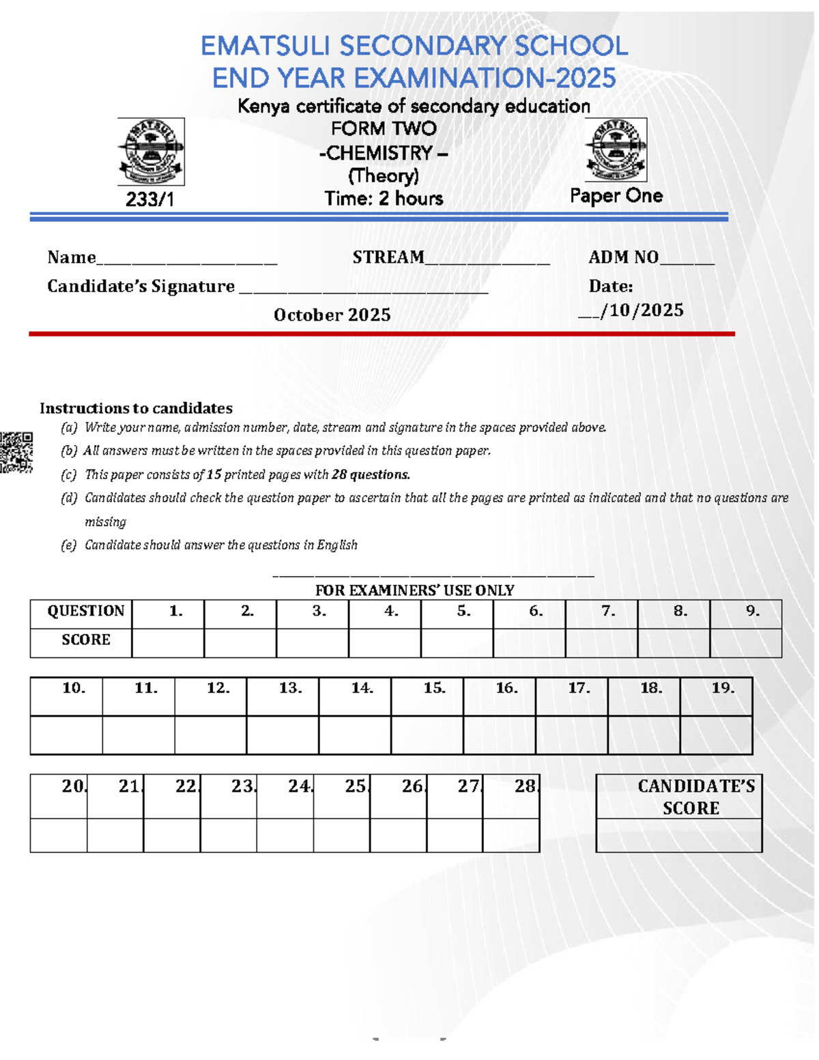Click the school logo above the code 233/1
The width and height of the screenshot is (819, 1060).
[151, 152]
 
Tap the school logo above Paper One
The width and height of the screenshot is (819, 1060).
[616, 149]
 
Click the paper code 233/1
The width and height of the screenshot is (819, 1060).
[150, 199]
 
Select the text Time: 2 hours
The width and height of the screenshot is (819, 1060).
[384, 199]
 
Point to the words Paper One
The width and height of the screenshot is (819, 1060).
[616, 196]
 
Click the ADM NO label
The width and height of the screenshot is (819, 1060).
[623, 257]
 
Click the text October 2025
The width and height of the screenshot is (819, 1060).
[332, 315]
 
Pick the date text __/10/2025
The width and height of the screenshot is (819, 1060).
[631, 311]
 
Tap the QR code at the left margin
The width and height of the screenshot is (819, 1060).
[16, 452]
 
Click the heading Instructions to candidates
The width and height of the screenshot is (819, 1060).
[136, 408]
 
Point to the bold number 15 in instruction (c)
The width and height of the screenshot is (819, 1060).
[214, 474]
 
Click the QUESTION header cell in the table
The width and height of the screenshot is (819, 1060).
[85, 611]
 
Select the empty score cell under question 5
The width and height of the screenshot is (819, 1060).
[457, 643]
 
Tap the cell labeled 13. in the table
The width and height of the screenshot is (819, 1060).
[290, 689]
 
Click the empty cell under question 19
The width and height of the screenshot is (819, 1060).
[716, 734]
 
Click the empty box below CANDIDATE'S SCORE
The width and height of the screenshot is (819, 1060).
[679, 835]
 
